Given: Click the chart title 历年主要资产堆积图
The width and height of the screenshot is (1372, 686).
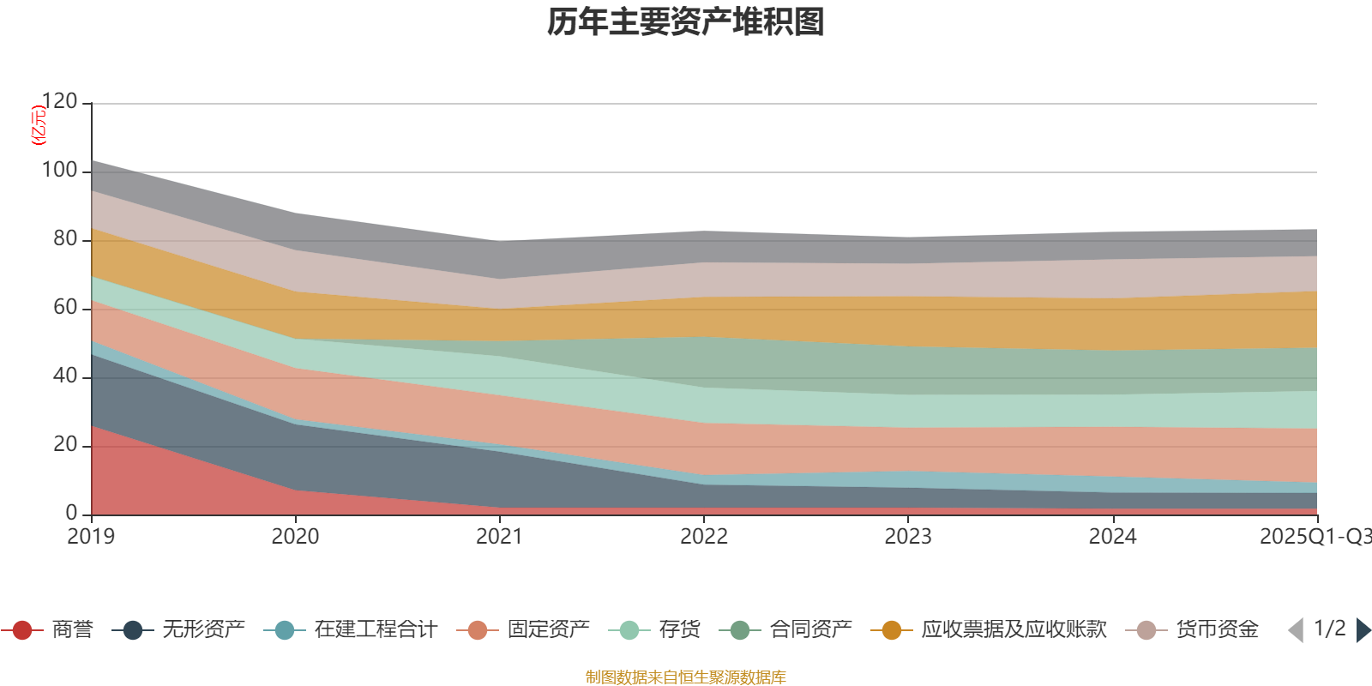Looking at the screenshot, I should [686, 22].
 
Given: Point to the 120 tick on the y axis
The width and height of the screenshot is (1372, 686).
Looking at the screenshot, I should [59, 102].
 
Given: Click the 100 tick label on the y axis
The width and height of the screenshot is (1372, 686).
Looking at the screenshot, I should [59, 171].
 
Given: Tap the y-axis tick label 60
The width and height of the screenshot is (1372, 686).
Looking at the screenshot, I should [65, 308].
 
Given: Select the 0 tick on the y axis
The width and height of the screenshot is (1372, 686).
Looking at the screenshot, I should [72, 514].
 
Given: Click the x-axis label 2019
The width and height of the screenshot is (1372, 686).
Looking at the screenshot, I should [91, 537].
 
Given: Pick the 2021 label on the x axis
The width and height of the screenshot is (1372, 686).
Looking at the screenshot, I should [499, 537].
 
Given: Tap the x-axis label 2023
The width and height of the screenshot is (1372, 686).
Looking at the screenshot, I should [908, 537].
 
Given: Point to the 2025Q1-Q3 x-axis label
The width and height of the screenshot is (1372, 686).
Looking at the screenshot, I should [1315, 537].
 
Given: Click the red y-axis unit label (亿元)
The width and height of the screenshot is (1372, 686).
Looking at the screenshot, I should [39, 125].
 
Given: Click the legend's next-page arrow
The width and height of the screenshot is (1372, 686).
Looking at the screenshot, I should [1363, 630].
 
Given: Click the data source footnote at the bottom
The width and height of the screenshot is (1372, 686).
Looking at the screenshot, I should [686, 677].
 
